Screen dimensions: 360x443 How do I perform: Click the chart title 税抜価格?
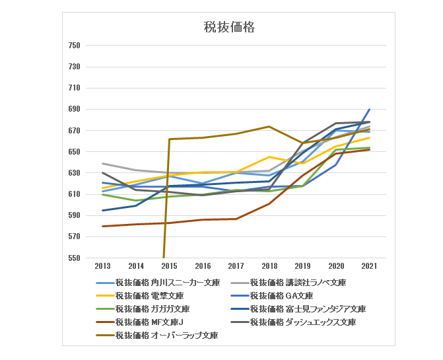coord(228,27)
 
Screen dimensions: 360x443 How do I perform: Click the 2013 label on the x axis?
coord(102,266)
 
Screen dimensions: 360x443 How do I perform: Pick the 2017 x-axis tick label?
coord(236,266)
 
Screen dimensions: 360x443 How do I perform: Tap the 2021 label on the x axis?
coord(369,266)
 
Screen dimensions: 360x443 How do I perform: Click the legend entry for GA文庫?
coord(281,296)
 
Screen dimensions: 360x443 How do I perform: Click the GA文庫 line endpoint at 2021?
coord(369,110)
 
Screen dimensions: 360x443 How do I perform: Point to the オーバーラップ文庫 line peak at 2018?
coord(269,126)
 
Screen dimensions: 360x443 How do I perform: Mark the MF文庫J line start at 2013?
coord(102,227)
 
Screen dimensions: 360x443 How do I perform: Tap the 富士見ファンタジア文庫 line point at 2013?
coord(102,211)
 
